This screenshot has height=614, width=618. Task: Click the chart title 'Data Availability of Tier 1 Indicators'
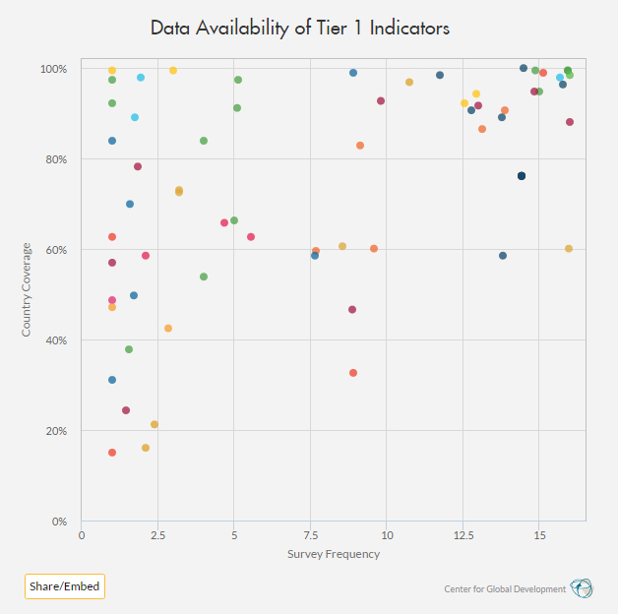point(300,28)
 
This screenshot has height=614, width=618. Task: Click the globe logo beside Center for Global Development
point(582,588)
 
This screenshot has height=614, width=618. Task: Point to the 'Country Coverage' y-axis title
point(29,289)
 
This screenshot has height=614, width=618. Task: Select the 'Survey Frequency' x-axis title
point(333,554)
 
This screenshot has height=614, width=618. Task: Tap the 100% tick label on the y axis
point(53,69)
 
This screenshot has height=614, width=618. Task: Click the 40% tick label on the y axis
point(56,340)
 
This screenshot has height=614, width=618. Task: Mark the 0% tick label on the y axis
point(59,522)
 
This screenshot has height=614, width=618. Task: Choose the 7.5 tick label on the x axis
point(310,535)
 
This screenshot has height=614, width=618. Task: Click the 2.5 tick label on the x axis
point(157,535)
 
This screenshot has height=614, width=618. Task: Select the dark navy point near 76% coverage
point(522,176)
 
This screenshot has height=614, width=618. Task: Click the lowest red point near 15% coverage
point(112,453)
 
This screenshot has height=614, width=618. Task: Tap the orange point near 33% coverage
point(353,373)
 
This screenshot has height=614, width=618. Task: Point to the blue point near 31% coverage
point(112,380)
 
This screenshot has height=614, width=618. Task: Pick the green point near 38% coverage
point(129,349)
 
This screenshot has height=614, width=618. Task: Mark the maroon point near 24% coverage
point(126,410)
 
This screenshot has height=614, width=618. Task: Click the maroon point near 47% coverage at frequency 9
point(352,310)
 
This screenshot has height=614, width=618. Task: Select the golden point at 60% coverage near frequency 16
point(569,249)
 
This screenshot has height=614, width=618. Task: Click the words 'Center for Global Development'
point(506,589)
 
